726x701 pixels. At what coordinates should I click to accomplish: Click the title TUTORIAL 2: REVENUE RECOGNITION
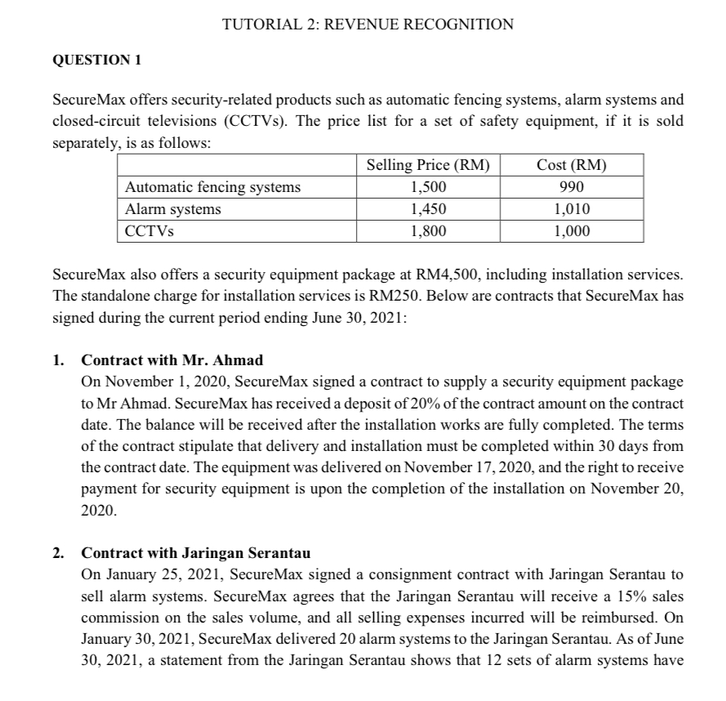pyautogui.click(x=368, y=25)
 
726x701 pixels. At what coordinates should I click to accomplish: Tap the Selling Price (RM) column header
pyautogui.click(x=429, y=165)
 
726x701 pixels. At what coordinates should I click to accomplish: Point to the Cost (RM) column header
pyautogui.click(x=572, y=165)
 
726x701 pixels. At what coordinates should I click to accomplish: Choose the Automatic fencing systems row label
pyautogui.click(x=212, y=187)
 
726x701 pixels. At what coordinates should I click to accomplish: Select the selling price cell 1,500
pyautogui.click(x=429, y=187)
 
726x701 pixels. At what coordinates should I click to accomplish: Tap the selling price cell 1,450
pyautogui.click(x=429, y=209)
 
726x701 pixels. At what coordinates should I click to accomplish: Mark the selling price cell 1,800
pyautogui.click(x=429, y=230)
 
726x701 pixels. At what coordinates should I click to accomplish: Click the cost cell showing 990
pyautogui.click(x=572, y=187)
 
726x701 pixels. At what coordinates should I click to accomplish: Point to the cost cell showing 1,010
pyautogui.click(x=572, y=209)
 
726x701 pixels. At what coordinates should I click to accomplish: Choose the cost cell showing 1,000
pyautogui.click(x=572, y=230)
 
